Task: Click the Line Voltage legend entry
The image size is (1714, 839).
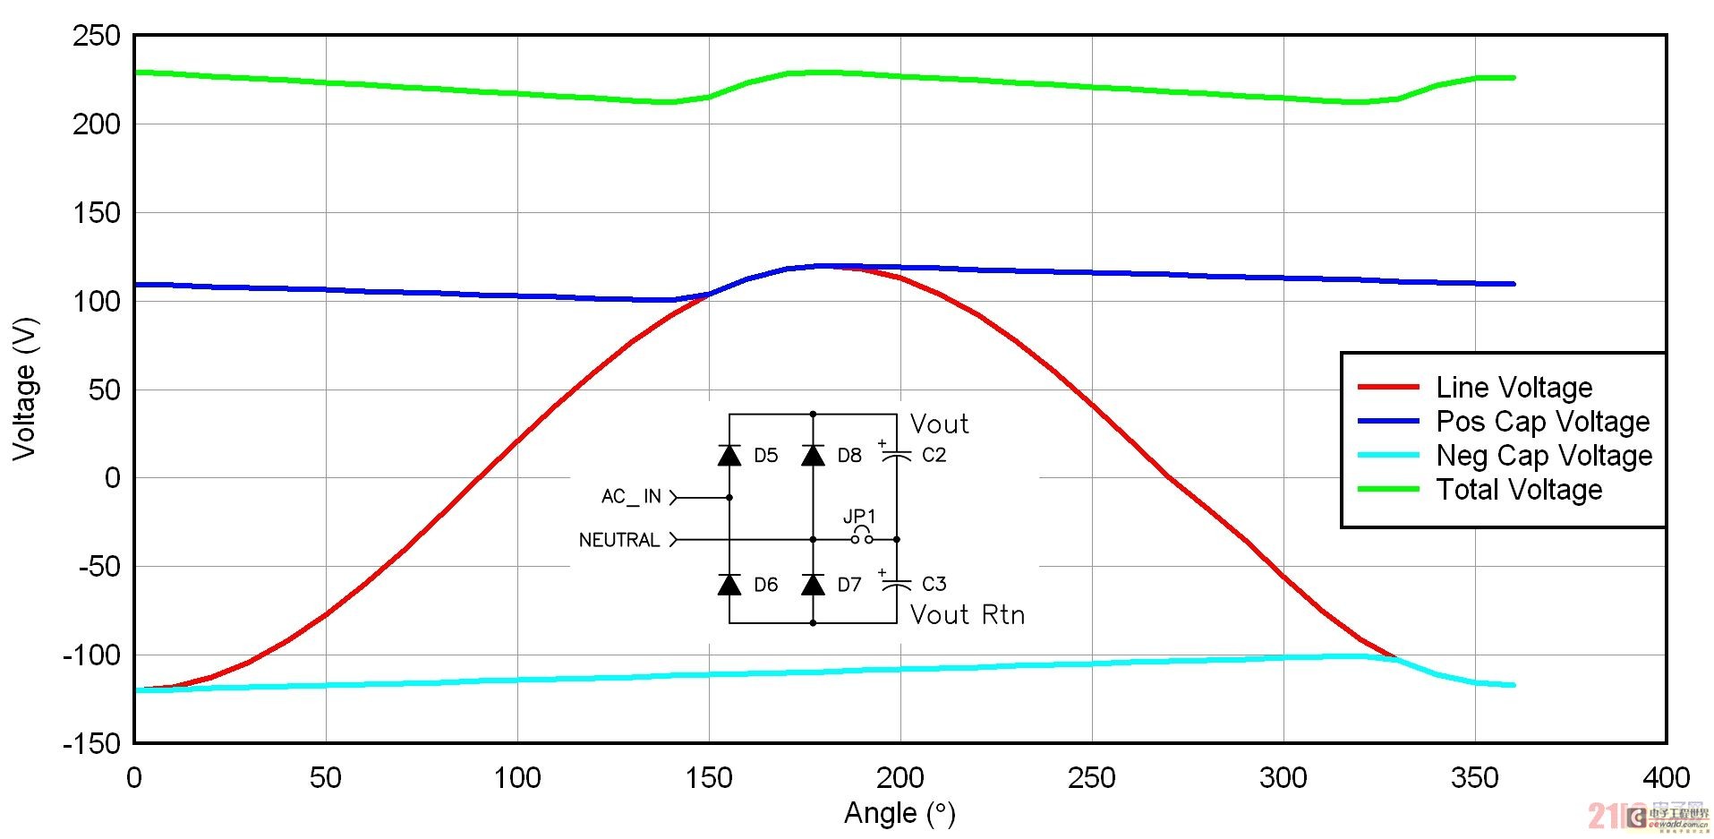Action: point(1514,388)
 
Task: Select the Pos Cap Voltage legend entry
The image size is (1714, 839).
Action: point(1542,422)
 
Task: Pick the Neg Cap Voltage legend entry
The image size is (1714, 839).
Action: point(1544,456)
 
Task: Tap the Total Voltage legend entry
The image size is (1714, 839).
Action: point(1519,490)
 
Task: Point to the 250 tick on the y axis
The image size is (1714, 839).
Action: point(97,37)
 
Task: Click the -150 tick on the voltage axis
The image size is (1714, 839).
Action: point(92,743)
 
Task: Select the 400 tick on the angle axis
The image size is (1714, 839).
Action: point(1666,777)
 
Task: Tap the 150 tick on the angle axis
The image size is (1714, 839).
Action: point(709,777)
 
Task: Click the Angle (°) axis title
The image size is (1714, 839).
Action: point(900,813)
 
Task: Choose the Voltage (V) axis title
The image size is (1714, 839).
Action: point(25,389)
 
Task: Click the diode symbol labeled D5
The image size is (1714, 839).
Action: point(729,456)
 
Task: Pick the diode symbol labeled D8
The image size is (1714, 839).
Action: point(813,456)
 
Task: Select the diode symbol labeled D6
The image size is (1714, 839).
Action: point(729,585)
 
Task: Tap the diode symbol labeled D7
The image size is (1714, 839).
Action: point(813,585)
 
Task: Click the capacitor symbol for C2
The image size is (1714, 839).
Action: point(896,456)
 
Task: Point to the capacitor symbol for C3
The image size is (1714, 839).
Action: point(896,585)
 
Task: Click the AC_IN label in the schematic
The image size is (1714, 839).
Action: point(631,497)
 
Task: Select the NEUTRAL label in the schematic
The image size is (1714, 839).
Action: point(618,540)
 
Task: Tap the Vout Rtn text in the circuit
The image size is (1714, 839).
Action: point(967,615)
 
